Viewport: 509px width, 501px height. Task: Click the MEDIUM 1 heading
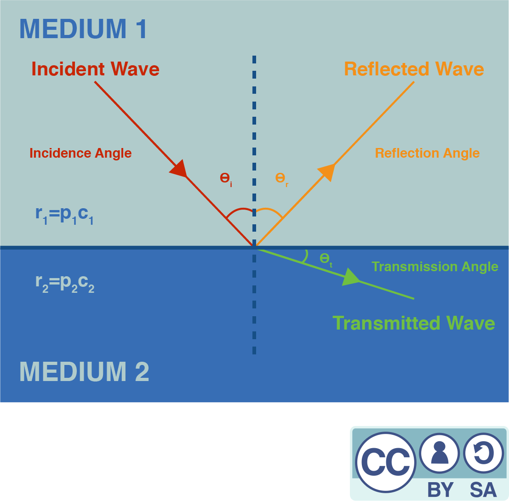tap(83, 28)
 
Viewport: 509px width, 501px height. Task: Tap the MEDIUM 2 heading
tap(84, 371)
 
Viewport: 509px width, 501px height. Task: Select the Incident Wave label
tap(95, 69)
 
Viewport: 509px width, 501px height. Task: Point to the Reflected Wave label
tap(414, 69)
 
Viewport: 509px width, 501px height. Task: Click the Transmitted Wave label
tap(413, 323)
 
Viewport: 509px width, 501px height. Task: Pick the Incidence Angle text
tap(80, 153)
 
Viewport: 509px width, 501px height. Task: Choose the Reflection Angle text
tap(427, 153)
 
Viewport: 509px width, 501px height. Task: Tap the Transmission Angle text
tap(435, 267)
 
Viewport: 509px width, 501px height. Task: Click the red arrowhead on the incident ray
tap(179, 168)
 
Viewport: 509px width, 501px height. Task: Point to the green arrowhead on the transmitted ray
tap(350, 278)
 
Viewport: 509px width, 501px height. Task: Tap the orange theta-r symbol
tap(281, 178)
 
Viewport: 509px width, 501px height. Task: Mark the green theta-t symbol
tap(325, 259)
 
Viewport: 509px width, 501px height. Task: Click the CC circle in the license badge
tap(385, 461)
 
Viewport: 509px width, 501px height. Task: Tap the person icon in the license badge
tap(440, 453)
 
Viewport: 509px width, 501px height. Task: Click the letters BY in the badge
tap(440, 490)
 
